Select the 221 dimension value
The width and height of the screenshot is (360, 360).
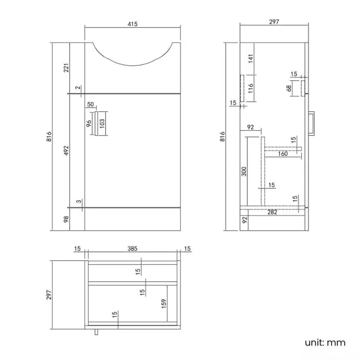pyautogui.click(x=66, y=68)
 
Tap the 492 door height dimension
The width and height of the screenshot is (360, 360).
pyautogui.click(x=66, y=151)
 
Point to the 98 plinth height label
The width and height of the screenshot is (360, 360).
pyautogui.click(x=66, y=219)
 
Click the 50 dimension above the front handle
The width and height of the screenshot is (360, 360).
pyautogui.click(x=91, y=104)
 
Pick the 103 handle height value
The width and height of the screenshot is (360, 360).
pyautogui.click(x=102, y=123)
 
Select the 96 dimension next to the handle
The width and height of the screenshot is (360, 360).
pyautogui.click(x=88, y=123)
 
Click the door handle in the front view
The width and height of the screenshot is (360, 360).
pyautogui.click(x=95, y=123)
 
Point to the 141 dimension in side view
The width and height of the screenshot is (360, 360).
pyautogui.click(x=250, y=58)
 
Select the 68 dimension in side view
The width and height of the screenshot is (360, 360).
pyautogui.click(x=289, y=89)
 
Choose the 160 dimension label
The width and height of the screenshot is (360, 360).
pyautogui.click(x=282, y=154)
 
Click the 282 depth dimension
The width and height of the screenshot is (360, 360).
pyautogui.click(x=271, y=212)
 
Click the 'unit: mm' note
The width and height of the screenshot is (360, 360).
pyautogui.click(x=325, y=342)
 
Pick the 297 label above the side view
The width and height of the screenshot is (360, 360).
pyautogui.click(x=274, y=22)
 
